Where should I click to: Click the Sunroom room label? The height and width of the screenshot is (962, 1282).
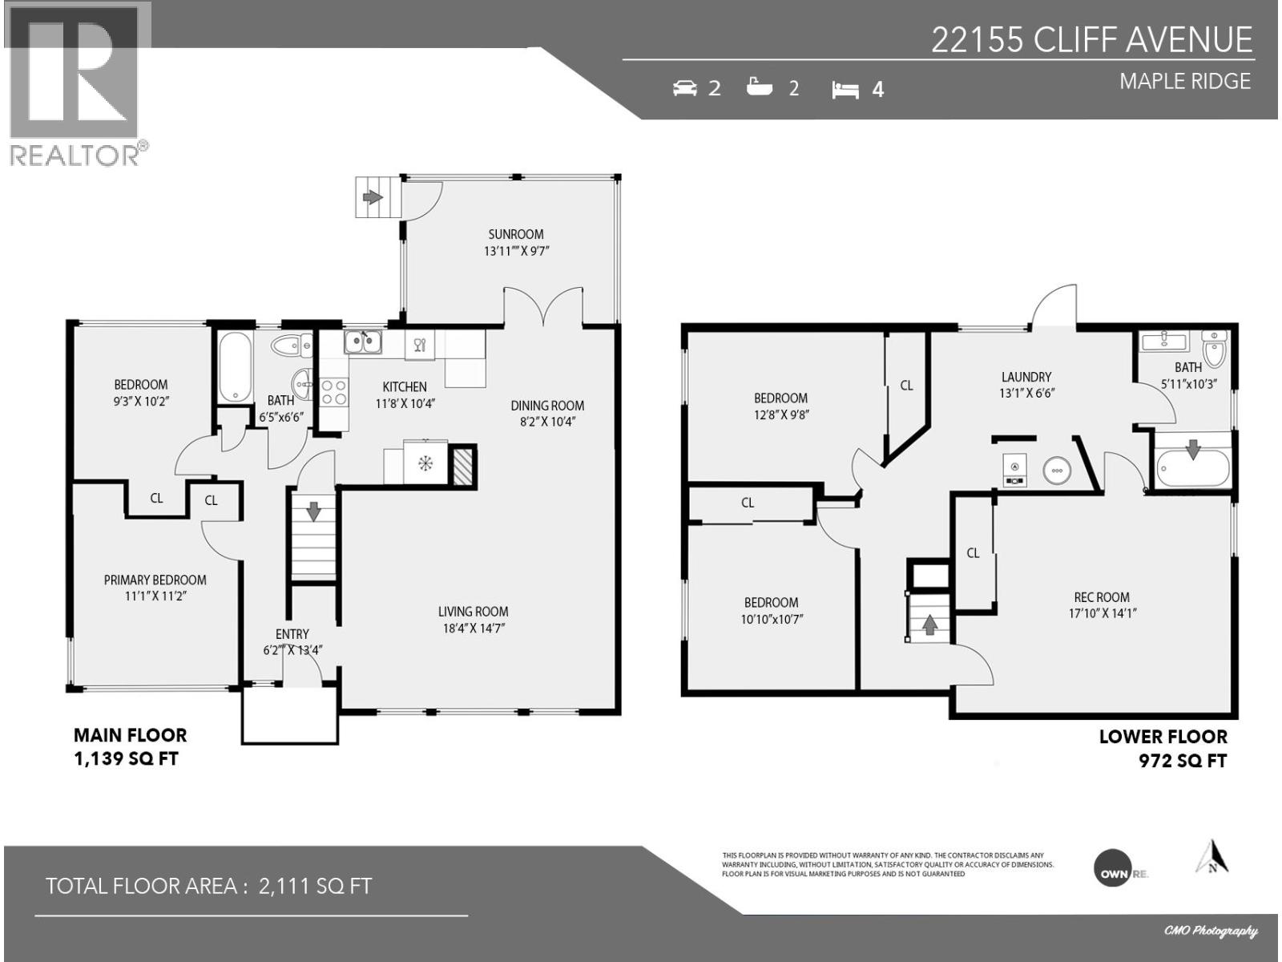(516, 234)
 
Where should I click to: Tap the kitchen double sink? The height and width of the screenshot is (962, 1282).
(363, 342)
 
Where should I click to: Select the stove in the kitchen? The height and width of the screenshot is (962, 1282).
(333, 392)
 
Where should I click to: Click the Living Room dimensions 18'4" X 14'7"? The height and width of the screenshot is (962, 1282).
(473, 629)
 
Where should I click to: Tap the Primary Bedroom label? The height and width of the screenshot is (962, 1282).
(155, 580)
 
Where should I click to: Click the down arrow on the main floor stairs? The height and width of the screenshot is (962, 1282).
(313, 510)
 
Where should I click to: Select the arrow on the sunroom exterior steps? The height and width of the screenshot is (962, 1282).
(372, 196)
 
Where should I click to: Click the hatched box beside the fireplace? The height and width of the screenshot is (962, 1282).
(463, 466)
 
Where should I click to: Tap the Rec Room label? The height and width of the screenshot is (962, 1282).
(1102, 597)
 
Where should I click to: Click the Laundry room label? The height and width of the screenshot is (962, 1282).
(1026, 377)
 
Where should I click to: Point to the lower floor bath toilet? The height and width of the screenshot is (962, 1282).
(1214, 348)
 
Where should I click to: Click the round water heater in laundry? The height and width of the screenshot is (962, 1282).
(1056, 471)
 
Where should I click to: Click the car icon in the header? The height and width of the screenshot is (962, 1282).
(685, 87)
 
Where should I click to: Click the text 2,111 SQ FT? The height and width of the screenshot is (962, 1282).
(315, 886)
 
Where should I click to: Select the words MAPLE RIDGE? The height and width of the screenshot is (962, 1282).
(1184, 81)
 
